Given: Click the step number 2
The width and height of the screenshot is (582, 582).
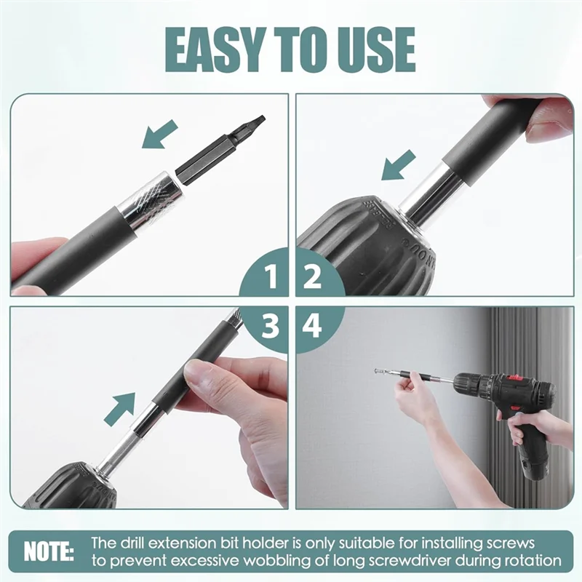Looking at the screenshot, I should pyautogui.click(x=313, y=277).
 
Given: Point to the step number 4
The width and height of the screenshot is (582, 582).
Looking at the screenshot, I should pyautogui.click(x=313, y=327).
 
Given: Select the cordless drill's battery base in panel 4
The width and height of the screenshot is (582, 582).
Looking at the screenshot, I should pyautogui.click(x=535, y=462).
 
